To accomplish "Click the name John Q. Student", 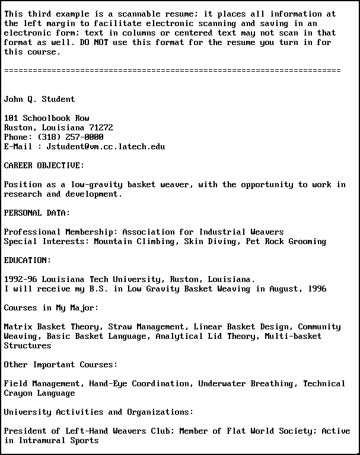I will pyautogui.click(x=39, y=99).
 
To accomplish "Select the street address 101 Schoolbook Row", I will pyautogui.click(x=46, y=118).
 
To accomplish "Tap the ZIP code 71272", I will pyautogui.click(x=101, y=127).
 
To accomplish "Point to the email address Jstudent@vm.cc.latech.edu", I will pyautogui.click(x=106, y=146).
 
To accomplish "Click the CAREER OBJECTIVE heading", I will pyautogui.click(x=44, y=165).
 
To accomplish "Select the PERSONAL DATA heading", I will pyautogui.click(x=37, y=213).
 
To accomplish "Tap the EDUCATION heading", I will pyautogui.click(x=27, y=260).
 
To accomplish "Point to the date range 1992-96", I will pyautogui.click(x=20, y=279).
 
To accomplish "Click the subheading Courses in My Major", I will pyautogui.click(x=51, y=307).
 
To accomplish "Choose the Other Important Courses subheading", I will pyautogui.click(x=60, y=364).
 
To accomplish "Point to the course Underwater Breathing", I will pyautogui.click(x=248, y=383).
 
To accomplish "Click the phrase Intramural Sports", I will pyautogui.click(x=58, y=440).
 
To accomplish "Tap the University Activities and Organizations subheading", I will pyautogui.click(x=98, y=412).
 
